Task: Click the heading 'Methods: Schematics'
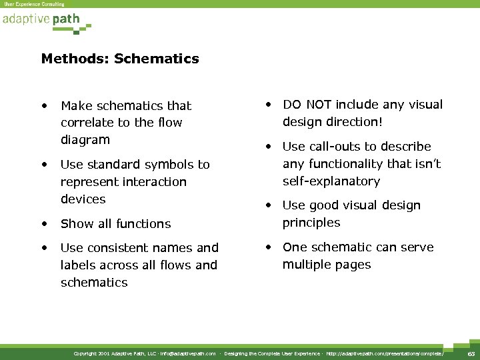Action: coord(120,59)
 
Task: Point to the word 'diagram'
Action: coord(85,140)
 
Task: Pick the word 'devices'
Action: coord(83,199)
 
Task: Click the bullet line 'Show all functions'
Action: coord(115,223)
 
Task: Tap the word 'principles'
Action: coord(311,223)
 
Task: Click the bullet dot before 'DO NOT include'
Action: coord(269,105)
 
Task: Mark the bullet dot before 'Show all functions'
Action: coord(44,223)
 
